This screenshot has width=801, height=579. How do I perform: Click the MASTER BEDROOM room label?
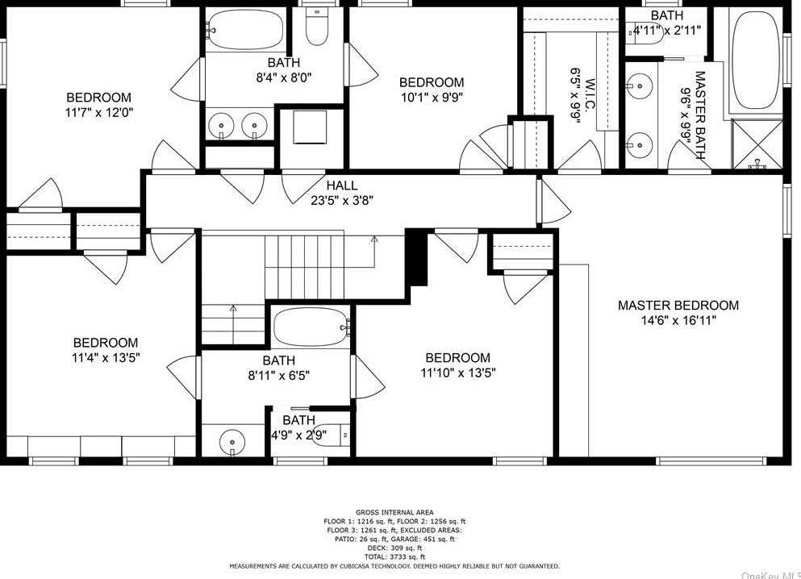point(678,306)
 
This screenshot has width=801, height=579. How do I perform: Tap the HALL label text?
point(342,185)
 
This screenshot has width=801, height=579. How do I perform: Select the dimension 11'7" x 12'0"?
point(99,112)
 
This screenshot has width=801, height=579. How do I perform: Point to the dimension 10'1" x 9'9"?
point(432,97)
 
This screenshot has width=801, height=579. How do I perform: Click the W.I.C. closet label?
point(591,96)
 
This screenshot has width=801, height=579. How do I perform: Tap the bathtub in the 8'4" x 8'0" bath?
point(246,28)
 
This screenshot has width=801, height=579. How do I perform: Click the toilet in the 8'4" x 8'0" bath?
point(317,27)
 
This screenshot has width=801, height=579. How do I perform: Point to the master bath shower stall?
point(757,144)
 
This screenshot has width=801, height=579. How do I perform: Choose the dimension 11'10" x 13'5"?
point(458,373)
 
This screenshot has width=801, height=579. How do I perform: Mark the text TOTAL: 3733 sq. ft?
point(394,557)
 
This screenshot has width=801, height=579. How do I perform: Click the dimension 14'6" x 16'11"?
point(678,321)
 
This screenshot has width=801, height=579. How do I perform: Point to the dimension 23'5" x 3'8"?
point(342,201)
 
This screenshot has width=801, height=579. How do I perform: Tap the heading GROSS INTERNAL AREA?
point(394,512)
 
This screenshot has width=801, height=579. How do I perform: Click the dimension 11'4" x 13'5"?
point(106,358)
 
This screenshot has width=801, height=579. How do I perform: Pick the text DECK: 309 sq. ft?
point(394,548)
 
